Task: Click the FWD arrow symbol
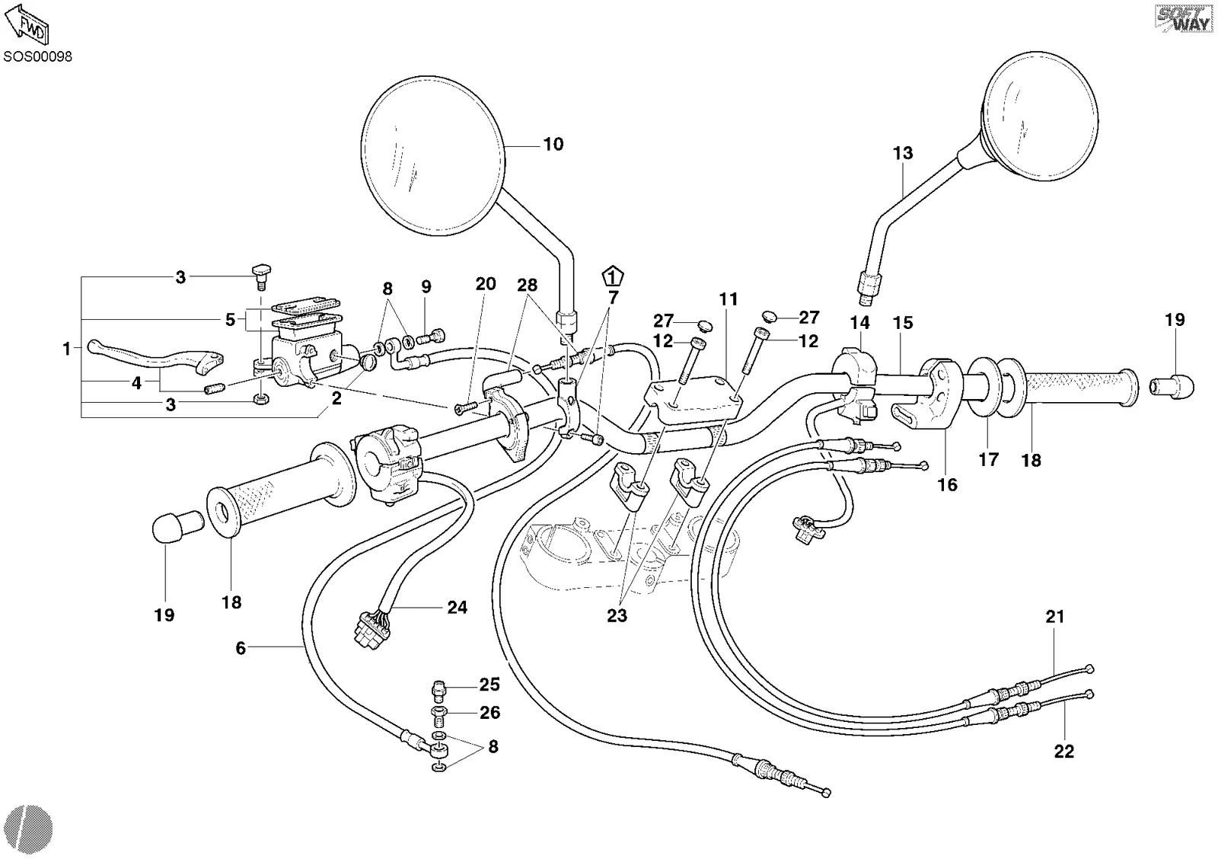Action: [x=27, y=24]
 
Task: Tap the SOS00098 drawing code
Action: [x=37, y=56]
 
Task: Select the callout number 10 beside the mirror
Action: [x=553, y=144]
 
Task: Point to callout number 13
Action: [x=903, y=153]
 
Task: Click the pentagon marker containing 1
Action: [x=613, y=277]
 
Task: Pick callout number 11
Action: [x=729, y=299]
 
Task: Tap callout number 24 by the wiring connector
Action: [x=458, y=607]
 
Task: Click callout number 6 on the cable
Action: [x=241, y=648]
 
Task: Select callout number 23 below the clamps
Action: [x=617, y=615]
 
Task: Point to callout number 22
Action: [x=1064, y=752]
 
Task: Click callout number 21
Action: [x=1055, y=616]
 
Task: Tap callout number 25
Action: [x=489, y=685]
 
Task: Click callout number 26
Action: [x=490, y=713]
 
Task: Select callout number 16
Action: [x=947, y=485]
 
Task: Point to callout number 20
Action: [x=486, y=284]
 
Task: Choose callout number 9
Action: [x=426, y=286]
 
